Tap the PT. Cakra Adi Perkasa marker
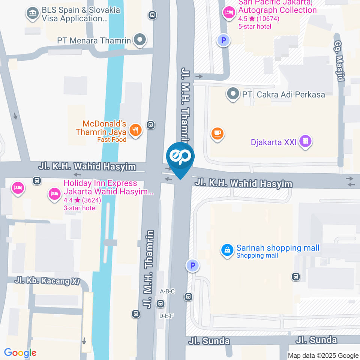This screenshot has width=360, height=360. tap(233, 93)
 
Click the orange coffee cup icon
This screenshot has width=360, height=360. tap(217, 133)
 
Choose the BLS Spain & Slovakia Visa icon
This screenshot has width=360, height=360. tap(32, 14)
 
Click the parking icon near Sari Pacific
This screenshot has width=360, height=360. tap(223, 40)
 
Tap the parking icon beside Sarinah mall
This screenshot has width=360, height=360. tap(192, 266)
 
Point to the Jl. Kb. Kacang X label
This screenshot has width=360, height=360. tap(47, 281)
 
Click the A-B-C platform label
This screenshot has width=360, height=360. tap(167, 291)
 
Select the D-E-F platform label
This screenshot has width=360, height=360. tap(166, 316)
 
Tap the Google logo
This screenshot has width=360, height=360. tap(20, 352)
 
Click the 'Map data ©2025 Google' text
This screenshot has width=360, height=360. tap(323, 355)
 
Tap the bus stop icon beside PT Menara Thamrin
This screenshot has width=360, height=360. tap(152, 15)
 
